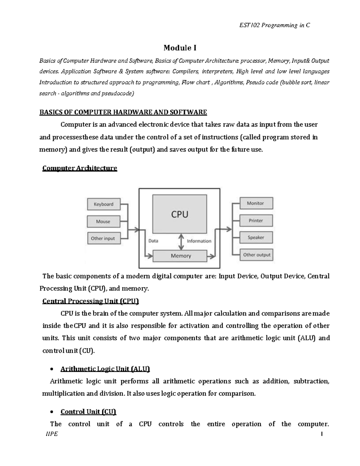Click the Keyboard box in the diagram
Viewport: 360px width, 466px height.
click(x=103, y=204)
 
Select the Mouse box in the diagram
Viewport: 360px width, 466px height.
click(x=103, y=221)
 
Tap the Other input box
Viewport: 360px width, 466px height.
click(x=103, y=238)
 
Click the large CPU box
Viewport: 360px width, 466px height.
click(x=179, y=214)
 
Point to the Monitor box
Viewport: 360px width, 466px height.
click(x=256, y=203)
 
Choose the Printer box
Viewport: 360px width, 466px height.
click(x=256, y=221)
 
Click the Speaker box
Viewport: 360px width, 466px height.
click(x=256, y=237)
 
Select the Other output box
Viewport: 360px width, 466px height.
click(x=256, y=255)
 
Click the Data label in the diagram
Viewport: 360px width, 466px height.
click(x=153, y=241)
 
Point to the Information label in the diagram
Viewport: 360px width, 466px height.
click(x=199, y=241)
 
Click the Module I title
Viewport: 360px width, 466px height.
click(x=180, y=48)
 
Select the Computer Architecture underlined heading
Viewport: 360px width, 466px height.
click(x=80, y=168)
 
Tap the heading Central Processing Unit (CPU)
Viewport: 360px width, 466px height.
click(x=91, y=301)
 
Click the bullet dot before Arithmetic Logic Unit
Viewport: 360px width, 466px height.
click(x=52, y=369)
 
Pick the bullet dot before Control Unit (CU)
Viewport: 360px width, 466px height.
click(x=52, y=412)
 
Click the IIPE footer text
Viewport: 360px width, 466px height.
click(x=51, y=434)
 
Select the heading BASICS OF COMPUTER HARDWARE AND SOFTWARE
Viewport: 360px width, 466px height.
click(x=123, y=112)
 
